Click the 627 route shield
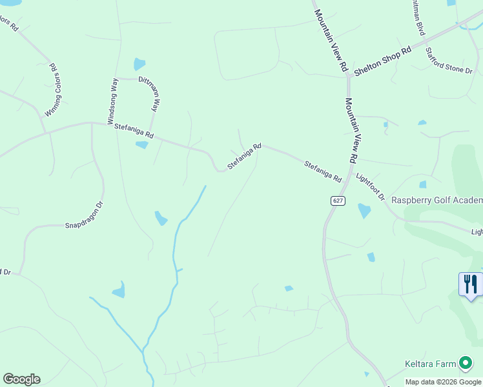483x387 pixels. [x=338, y=201]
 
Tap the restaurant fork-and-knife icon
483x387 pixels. [x=470, y=284]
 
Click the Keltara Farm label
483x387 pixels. [x=431, y=364]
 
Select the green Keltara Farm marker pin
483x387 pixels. [x=464, y=364]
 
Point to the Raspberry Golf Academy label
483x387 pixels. [x=437, y=200]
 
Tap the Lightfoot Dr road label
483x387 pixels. [x=371, y=186]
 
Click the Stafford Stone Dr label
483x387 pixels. [x=449, y=60]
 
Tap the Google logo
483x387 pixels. [x=21, y=379]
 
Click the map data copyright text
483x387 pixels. [x=444, y=382]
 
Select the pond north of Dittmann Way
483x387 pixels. [x=139, y=64]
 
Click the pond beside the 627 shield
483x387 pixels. [x=364, y=210]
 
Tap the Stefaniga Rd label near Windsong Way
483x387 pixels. [x=134, y=131]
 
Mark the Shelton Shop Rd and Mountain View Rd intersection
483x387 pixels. [x=348, y=76]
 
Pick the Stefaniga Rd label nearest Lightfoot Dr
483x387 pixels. [x=323, y=171]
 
